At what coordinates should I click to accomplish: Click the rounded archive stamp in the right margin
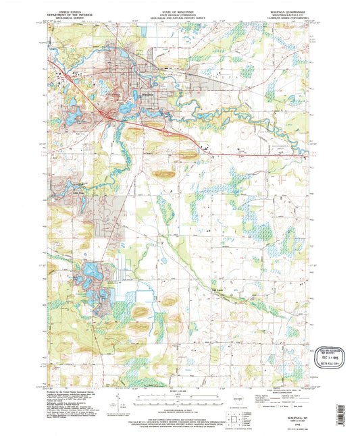(x=331, y=356)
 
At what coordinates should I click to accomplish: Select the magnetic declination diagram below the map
(x=122, y=400)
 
